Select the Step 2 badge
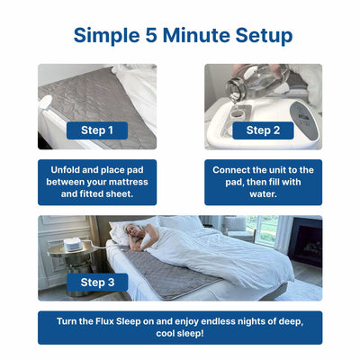[x=263, y=130]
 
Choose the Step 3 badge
[x=96, y=282]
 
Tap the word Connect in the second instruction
[x=237, y=169]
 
